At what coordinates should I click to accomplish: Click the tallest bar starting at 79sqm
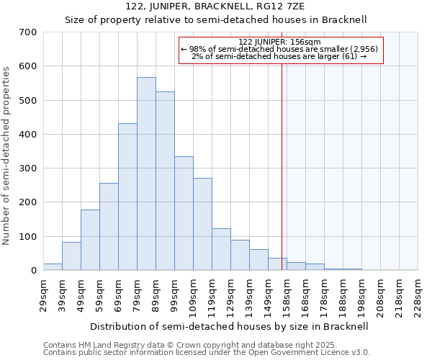click(146, 174)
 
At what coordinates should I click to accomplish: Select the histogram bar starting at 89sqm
click(165, 181)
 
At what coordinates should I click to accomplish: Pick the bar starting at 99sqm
click(184, 213)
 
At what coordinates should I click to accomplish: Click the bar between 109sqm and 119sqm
click(202, 224)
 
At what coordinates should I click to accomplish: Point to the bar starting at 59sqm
click(109, 226)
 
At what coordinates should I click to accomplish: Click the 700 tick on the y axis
click(28, 32)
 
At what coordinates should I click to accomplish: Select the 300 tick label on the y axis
click(28, 168)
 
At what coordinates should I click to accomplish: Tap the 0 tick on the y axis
click(33, 271)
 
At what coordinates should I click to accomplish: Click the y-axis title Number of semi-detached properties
click(7, 156)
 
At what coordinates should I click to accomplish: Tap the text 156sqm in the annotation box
click(296, 42)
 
